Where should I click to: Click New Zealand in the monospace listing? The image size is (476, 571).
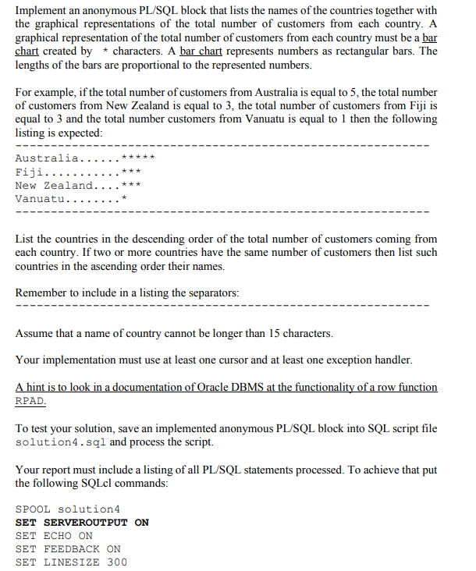[54, 185]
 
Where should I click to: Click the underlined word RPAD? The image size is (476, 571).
[30, 400]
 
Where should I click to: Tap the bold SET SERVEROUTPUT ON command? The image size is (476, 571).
[82, 522]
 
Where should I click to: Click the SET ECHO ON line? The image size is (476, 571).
[54, 535]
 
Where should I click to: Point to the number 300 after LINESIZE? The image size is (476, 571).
[117, 562]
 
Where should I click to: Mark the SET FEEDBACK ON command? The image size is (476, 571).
[68, 548]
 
